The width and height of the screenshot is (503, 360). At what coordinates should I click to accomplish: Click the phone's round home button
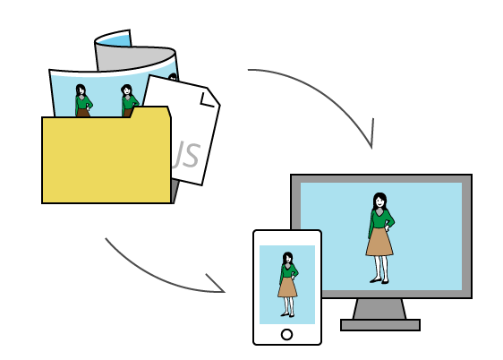(286, 334)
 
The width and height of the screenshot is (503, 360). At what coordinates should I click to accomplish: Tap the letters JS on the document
(186, 155)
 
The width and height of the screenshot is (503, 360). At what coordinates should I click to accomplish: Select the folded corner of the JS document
(210, 97)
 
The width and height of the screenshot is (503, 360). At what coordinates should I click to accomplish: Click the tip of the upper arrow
(371, 149)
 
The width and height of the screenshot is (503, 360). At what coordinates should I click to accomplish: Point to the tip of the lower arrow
(225, 292)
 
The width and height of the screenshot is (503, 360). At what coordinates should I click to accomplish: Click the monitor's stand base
(380, 325)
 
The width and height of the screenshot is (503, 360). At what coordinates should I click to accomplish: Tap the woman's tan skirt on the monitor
(379, 242)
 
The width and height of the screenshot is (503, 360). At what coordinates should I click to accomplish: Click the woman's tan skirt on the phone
(287, 287)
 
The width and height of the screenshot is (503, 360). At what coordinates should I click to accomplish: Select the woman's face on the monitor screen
(379, 201)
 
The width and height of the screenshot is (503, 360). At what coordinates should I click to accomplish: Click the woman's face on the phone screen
(288, 259)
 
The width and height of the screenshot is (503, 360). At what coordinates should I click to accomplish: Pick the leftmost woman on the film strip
(83, 100)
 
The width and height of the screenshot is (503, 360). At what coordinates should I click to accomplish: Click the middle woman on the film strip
(129, 100)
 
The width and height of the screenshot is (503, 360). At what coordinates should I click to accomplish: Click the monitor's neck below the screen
(379, 309)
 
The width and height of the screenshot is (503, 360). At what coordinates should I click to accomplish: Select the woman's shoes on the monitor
(379, 281)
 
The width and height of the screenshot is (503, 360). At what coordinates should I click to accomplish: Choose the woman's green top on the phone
(288, 271)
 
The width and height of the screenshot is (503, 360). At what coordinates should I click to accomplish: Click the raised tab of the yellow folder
(150, 112)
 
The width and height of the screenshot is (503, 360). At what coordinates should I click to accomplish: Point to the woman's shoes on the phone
(287, 314)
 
